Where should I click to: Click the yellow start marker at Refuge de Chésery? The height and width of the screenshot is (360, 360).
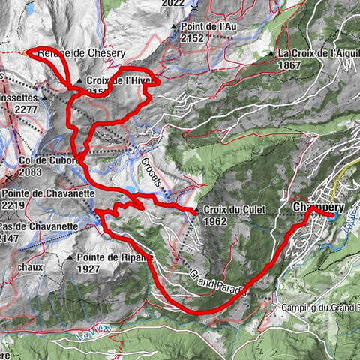(28, 52)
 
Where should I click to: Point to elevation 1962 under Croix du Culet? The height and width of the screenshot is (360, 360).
(214, 222)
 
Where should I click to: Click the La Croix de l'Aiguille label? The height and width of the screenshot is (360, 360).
(319, 54)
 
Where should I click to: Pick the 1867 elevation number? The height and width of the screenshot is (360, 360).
(290, 65)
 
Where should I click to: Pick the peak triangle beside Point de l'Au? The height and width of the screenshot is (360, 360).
(173, 28)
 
